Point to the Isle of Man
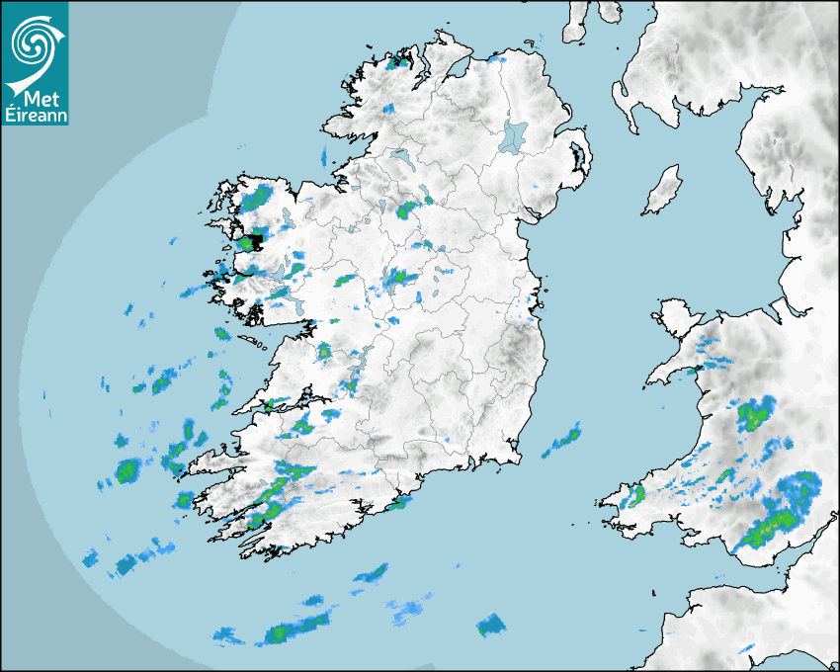tap(663, 191)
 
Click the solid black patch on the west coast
tap(255, 240)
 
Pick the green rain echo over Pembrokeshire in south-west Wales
tap(636, 494)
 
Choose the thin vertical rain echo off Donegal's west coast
tap(323, 155)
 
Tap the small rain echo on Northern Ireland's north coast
tap(499, 61)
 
